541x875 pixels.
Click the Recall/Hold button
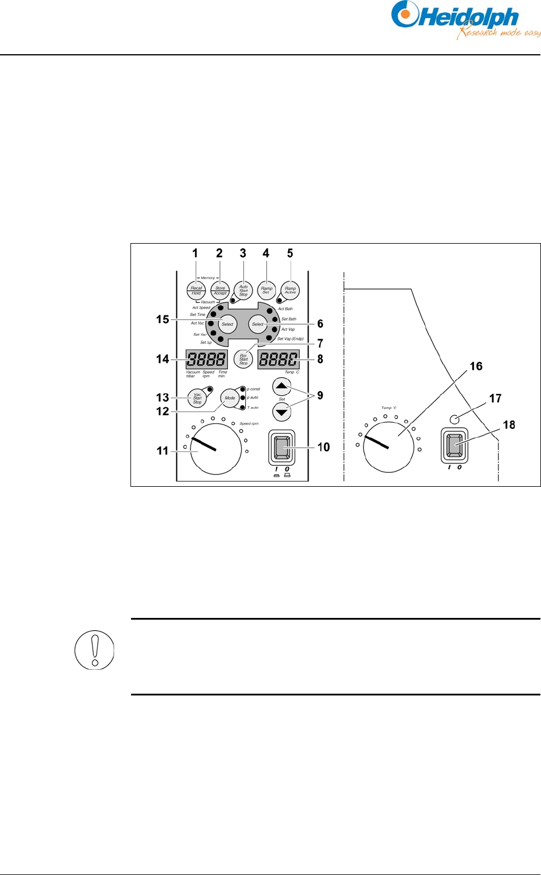tap(196, 290)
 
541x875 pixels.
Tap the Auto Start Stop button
tap(243, 290)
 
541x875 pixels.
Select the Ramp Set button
tap(267, 290)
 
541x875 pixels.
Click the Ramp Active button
tap(290, 290)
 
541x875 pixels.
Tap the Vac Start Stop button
tap(197, 398)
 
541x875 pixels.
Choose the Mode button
tap(230, 398)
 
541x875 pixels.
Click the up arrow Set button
tap(282, 386)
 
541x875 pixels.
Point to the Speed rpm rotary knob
tap(215, 448)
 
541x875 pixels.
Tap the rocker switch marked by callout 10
tap(282, 448)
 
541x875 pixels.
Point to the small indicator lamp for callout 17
tap(454, 418)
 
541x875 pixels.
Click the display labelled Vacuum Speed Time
tap(206, 359)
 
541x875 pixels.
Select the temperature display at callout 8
tap(278, 359)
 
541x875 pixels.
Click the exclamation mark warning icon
tap(94, 649)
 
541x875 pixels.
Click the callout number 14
tap(162, 359)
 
